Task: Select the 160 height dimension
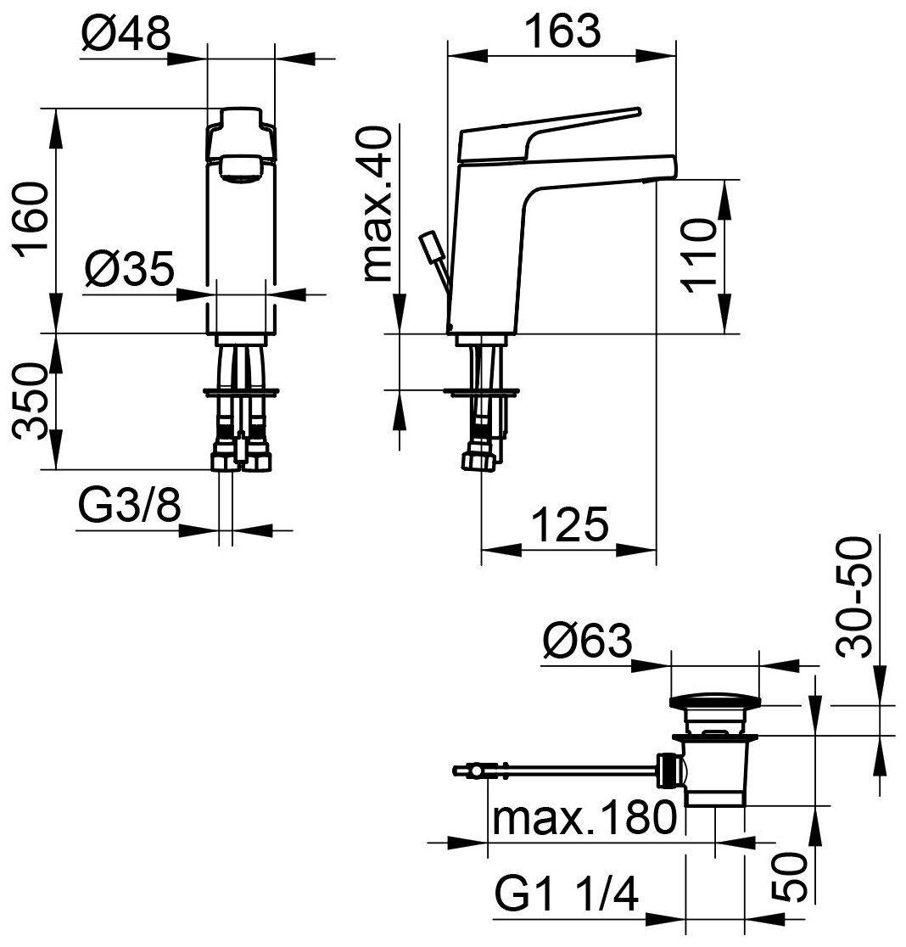(x=33, y=218)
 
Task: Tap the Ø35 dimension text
(x=130, y=272)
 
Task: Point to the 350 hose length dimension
(x=31, y=401)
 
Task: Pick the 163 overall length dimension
(x=562, y=33)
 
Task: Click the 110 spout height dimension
(x=701, y=255)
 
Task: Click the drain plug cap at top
(x=716, y=702)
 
